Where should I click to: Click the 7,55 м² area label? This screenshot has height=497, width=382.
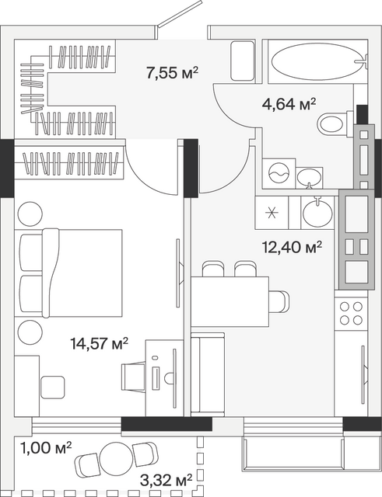pos(172,73)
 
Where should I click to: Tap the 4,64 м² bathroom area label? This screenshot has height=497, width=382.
pos(289,104)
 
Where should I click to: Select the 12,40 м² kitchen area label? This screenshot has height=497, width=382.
pos(292,247)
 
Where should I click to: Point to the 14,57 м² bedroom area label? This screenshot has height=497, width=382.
pos(100,343)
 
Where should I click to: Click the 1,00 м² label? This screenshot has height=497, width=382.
pos(46,448)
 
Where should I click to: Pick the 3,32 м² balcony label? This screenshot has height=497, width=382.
pos(166,481)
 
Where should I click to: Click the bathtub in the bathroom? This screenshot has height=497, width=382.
pos(317,61)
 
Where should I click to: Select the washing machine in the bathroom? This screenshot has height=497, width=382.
pos(279,173)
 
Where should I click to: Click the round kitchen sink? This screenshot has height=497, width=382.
pos(317,212)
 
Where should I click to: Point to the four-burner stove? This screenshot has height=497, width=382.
pos(351,314)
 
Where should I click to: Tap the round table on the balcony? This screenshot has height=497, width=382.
pos(116,458)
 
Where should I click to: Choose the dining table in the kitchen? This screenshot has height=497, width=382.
pos(230,302)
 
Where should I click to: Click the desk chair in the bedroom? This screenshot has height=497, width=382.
pos(133,377)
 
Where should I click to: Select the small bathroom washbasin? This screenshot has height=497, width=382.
pos(309,178)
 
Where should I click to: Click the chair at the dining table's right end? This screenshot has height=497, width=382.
pos(279,301)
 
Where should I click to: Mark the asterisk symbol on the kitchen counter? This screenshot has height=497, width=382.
pos(272,212)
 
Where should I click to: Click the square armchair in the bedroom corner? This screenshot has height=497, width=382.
pos(52,388)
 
